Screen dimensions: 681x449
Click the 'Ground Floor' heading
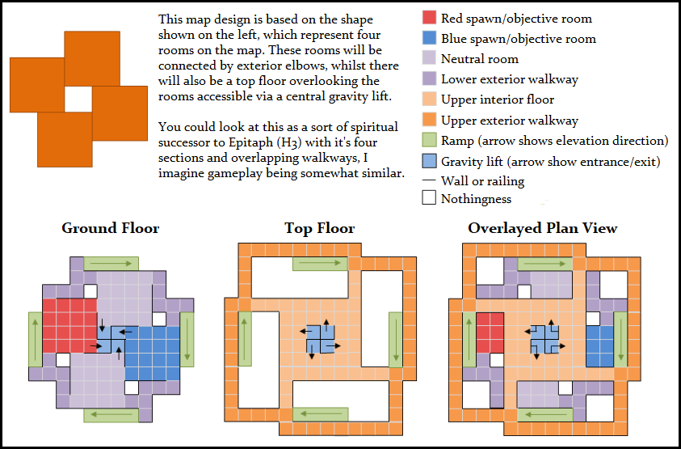111,228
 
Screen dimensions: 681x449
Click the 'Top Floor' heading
320,228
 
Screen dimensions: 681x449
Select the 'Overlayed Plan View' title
542,228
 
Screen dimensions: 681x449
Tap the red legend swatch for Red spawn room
429,18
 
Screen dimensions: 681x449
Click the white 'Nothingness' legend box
429,198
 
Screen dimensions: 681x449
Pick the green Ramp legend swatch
429,141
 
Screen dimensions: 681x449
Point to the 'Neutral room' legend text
480,59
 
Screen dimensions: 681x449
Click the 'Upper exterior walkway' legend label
510,121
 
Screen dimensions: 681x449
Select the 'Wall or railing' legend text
482,181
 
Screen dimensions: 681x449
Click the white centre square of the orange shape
78,100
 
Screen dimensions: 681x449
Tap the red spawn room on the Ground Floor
69,325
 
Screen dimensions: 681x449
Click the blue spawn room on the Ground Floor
153,354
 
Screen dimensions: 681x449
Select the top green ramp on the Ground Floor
111,264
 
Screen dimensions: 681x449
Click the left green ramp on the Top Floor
245,338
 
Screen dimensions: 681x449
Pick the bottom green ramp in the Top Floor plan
321,415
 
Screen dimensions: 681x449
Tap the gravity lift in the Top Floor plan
321,339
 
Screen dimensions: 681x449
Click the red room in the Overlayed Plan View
490,333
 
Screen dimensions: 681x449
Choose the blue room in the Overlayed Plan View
599,346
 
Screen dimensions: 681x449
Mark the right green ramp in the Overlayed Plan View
620,339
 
